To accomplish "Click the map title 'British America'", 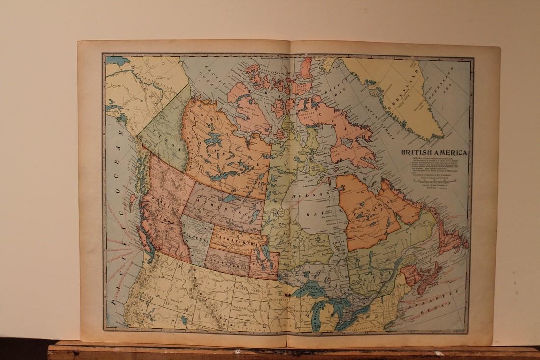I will coord(434,152).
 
